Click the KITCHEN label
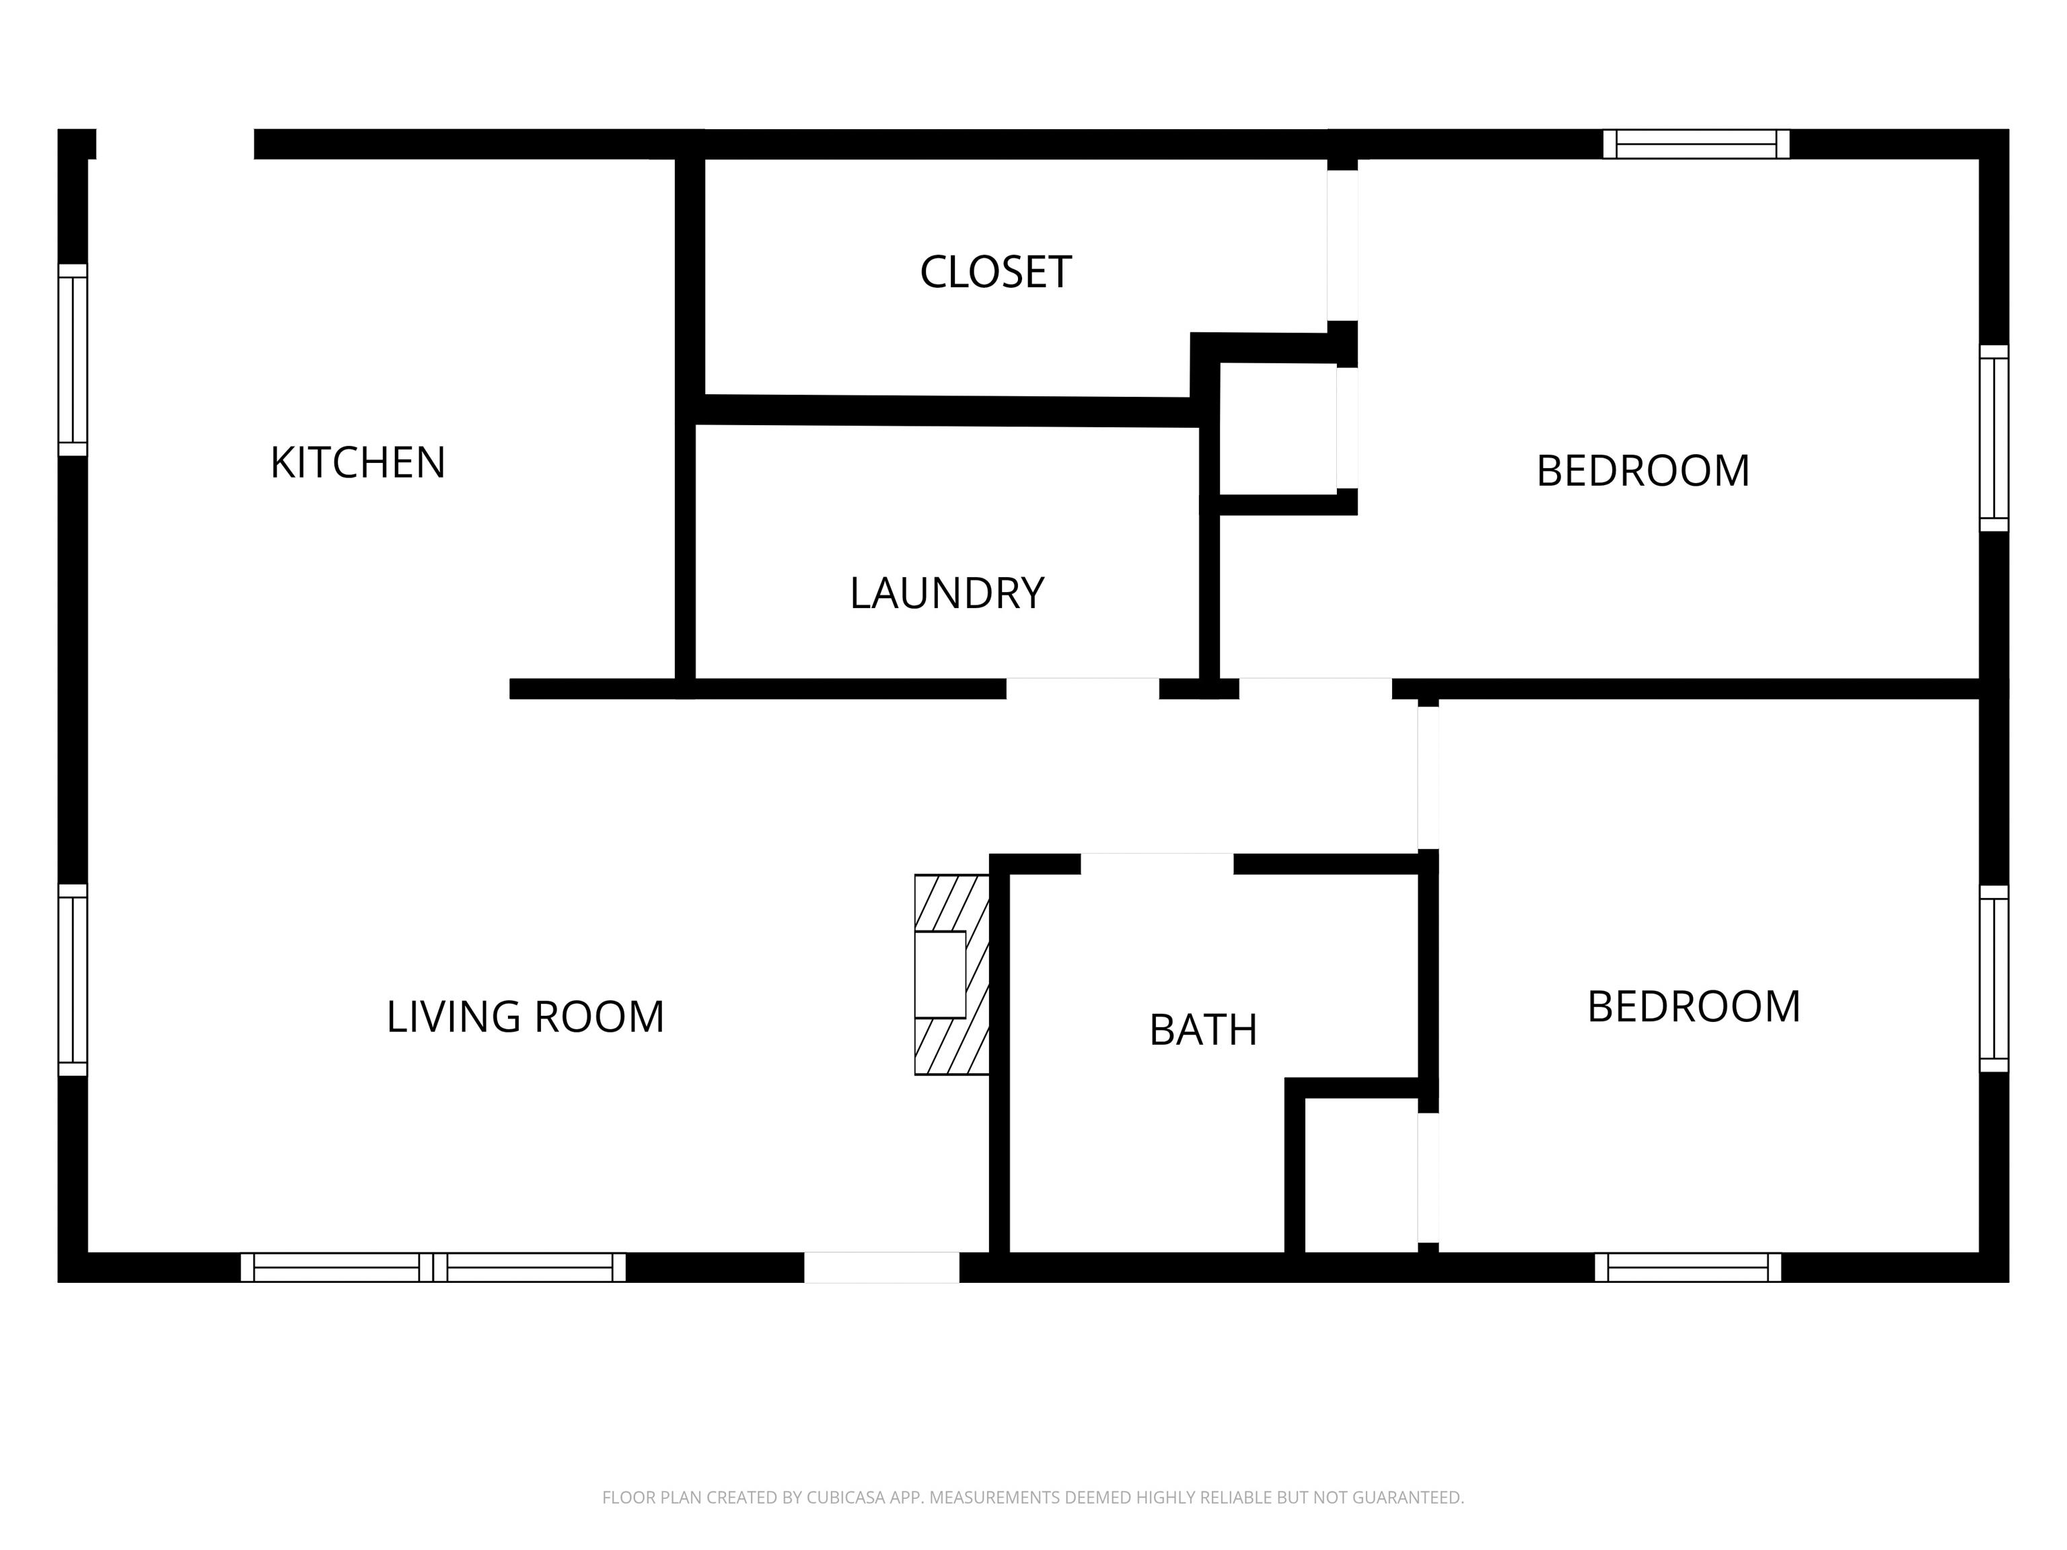pyautogui.click(x=358, y=462)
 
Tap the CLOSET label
pyautogui.click(x=995, y=272)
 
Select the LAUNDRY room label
pyautogui.click(x=947, y=593)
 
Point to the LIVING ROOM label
pyautogui.click(x=525, y=1017)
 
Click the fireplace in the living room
pyautogui.click(x=951, y=975)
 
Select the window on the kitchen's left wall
pyautogui.click(x=73, y=360)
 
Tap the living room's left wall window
pyautogui.click(x=73, y=980)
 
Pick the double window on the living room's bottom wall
pyautogui.click(x=433, y=1268)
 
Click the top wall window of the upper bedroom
pyautogui.click(x=1696, y=144)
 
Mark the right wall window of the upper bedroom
pyautogui.click(x=1994, y=438)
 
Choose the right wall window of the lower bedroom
pyautogui.click(x=1994, y=978)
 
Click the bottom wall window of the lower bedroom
pyautogui.click(x=1688, y=1268)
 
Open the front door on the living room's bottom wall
pyautogui.click(x=881, y=1268)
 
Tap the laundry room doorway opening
pyautogui.click(x=1082, y=689)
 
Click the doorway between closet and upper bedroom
pyautogui.click(x=1343, y=246)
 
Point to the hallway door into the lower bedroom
pyautogui.click(x=1428, y=777)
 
